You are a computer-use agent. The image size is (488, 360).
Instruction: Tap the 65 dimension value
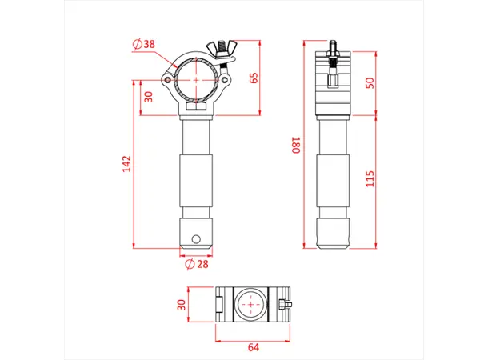coord(254,78)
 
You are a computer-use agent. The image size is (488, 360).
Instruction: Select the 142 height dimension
coord(125,163)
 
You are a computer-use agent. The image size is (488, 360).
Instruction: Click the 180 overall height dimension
coord(296,146)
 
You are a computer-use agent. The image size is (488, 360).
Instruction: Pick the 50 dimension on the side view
coord(369,83)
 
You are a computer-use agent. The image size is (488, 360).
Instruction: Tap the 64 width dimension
coord(254,346)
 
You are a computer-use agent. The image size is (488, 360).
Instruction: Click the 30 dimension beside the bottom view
coord(181,304)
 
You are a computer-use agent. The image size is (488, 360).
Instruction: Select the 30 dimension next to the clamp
coord(148,97)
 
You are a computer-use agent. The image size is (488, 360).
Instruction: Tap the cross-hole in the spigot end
coord(197,238)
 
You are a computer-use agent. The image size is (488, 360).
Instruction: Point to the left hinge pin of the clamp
coord(167,80)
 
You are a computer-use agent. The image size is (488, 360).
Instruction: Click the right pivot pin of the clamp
coord(226,81)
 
